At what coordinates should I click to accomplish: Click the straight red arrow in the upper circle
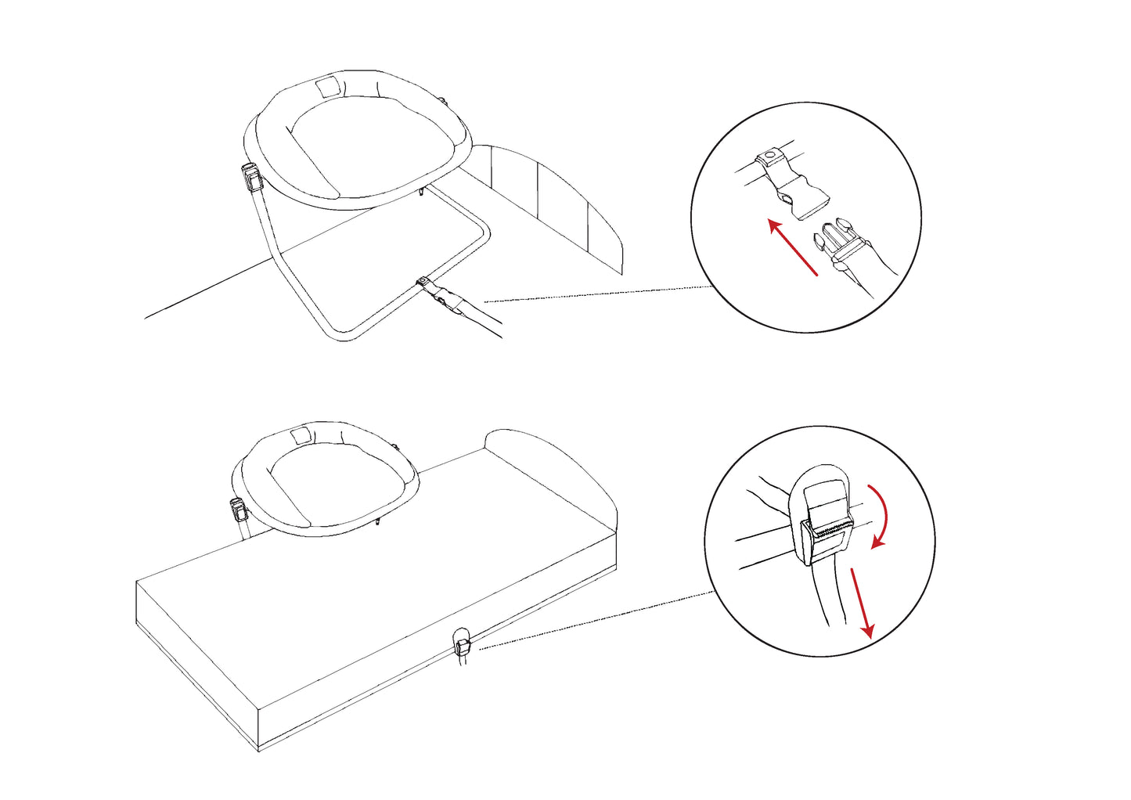(793, 248)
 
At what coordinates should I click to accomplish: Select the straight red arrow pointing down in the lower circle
(859, 600)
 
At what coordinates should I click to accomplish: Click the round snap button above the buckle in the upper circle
(772, 157)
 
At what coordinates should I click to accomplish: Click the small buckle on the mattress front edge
(463, 646)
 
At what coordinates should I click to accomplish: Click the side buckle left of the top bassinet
(252, 178)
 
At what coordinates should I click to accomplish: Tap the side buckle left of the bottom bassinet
(238, 510)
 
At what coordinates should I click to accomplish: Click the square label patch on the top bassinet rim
(329, 86)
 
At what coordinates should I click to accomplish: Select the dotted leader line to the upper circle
(595, 294)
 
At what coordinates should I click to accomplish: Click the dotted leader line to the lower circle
(595, 620)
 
